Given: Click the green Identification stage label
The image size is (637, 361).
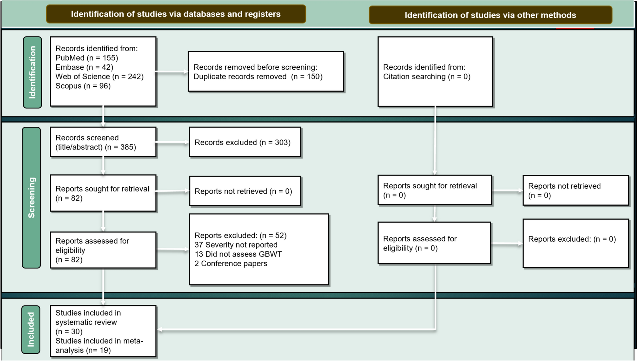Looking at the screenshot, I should (x=32, y=72).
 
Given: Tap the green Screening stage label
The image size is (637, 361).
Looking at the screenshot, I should (x=31, y=198).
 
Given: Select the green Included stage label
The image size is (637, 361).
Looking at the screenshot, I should (x=31, y=330).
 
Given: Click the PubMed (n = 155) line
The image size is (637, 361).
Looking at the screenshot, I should (x=87, y=58).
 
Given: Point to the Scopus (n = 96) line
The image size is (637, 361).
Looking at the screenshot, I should (x=83, y=86).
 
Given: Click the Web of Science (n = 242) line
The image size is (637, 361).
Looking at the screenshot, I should (x=99, y=77).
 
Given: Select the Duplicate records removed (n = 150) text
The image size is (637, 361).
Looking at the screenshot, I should (x=258, y=77).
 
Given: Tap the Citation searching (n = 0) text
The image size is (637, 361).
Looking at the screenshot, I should (x=427, y=77).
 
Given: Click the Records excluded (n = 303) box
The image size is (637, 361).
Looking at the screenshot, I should (x=245, y=142).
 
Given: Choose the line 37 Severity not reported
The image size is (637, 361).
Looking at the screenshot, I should (x=236, y=245).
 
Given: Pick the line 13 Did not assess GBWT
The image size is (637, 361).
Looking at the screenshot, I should (x=238, y=254).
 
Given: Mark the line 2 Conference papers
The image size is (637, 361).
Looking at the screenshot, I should (x=231, y=264).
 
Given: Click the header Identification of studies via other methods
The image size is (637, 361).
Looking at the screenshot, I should (x=490, y=15).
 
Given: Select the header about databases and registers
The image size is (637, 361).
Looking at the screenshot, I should (x=176, y=14).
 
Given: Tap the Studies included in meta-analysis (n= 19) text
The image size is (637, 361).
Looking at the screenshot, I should (x=99, y=346).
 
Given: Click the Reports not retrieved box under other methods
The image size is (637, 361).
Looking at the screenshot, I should (x=575, y=191).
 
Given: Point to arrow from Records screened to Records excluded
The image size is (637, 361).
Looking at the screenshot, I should (x=173, y=142).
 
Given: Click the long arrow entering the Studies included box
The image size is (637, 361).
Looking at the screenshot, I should (x=295, y=330).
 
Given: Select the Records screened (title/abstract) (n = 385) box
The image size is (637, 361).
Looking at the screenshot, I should (x=103, y=142).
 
